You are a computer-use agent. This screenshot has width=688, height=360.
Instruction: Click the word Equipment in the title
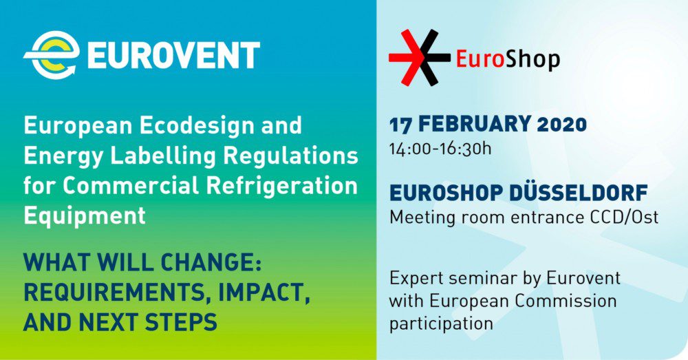85,215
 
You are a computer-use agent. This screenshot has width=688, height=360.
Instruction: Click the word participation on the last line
442,323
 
